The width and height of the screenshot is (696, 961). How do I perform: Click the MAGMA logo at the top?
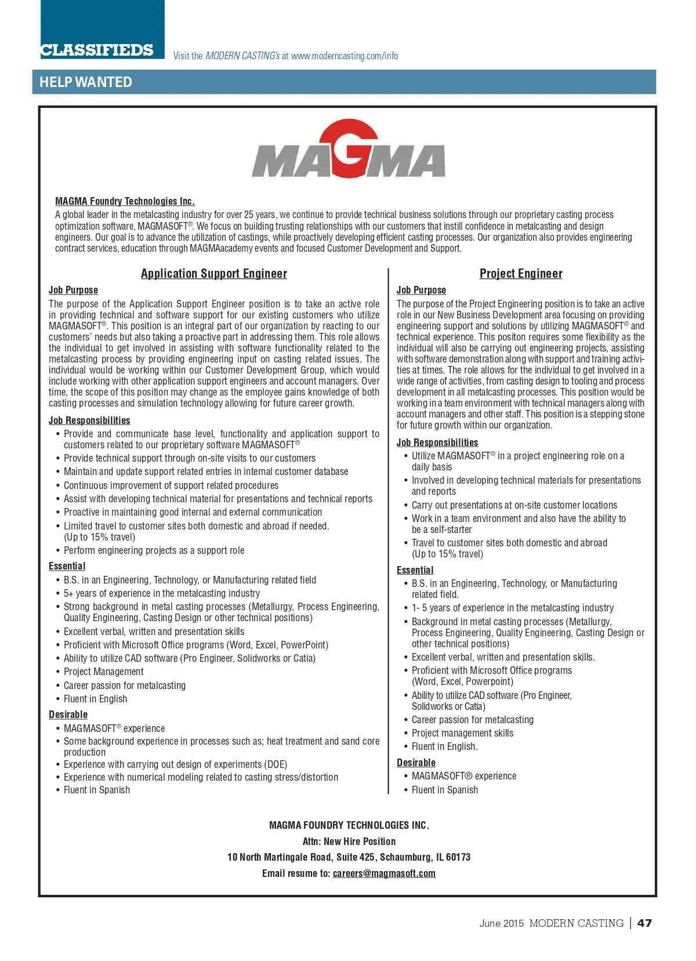(x=348, y=150)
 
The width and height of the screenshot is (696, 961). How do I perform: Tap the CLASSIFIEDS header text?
(x=97, y=50)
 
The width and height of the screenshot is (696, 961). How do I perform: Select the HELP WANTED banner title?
(x=86, y=82)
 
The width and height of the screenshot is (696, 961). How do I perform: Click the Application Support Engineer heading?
(x=213, y=274)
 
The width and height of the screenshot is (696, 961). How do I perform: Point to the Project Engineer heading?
(x=521, y=274)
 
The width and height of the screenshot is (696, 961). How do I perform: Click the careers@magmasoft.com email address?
(x=384, y=873)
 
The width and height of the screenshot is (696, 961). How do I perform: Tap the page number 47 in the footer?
(x=644, y=923)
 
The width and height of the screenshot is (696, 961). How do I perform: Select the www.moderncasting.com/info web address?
(x=345, y=56)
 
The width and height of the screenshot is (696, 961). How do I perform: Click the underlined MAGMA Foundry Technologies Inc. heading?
(x=125, y=201)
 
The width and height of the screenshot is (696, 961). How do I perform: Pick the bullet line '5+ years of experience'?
(x=162, y=593)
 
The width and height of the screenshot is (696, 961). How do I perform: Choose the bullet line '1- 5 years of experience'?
(x=513, y=608)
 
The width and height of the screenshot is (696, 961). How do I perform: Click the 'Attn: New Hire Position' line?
(x=349, y=841)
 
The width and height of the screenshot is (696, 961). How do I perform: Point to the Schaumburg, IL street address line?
(x=349, y=857)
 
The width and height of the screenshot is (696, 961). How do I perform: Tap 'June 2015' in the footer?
(x=501, y=923)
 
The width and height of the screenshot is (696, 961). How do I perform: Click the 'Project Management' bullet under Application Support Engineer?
(x=104, y=672)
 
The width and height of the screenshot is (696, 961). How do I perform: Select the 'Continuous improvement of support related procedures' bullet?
(x=171, y=485)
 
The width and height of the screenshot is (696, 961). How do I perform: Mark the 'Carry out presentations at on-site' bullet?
(x=514, y=505)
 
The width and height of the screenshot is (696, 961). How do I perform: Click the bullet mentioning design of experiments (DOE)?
(x=175, y=764)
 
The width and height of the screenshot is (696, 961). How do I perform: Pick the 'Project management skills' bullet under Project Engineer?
(x=462, y=733)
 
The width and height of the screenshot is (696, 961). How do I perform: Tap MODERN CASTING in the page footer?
(x=576, y=923)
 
